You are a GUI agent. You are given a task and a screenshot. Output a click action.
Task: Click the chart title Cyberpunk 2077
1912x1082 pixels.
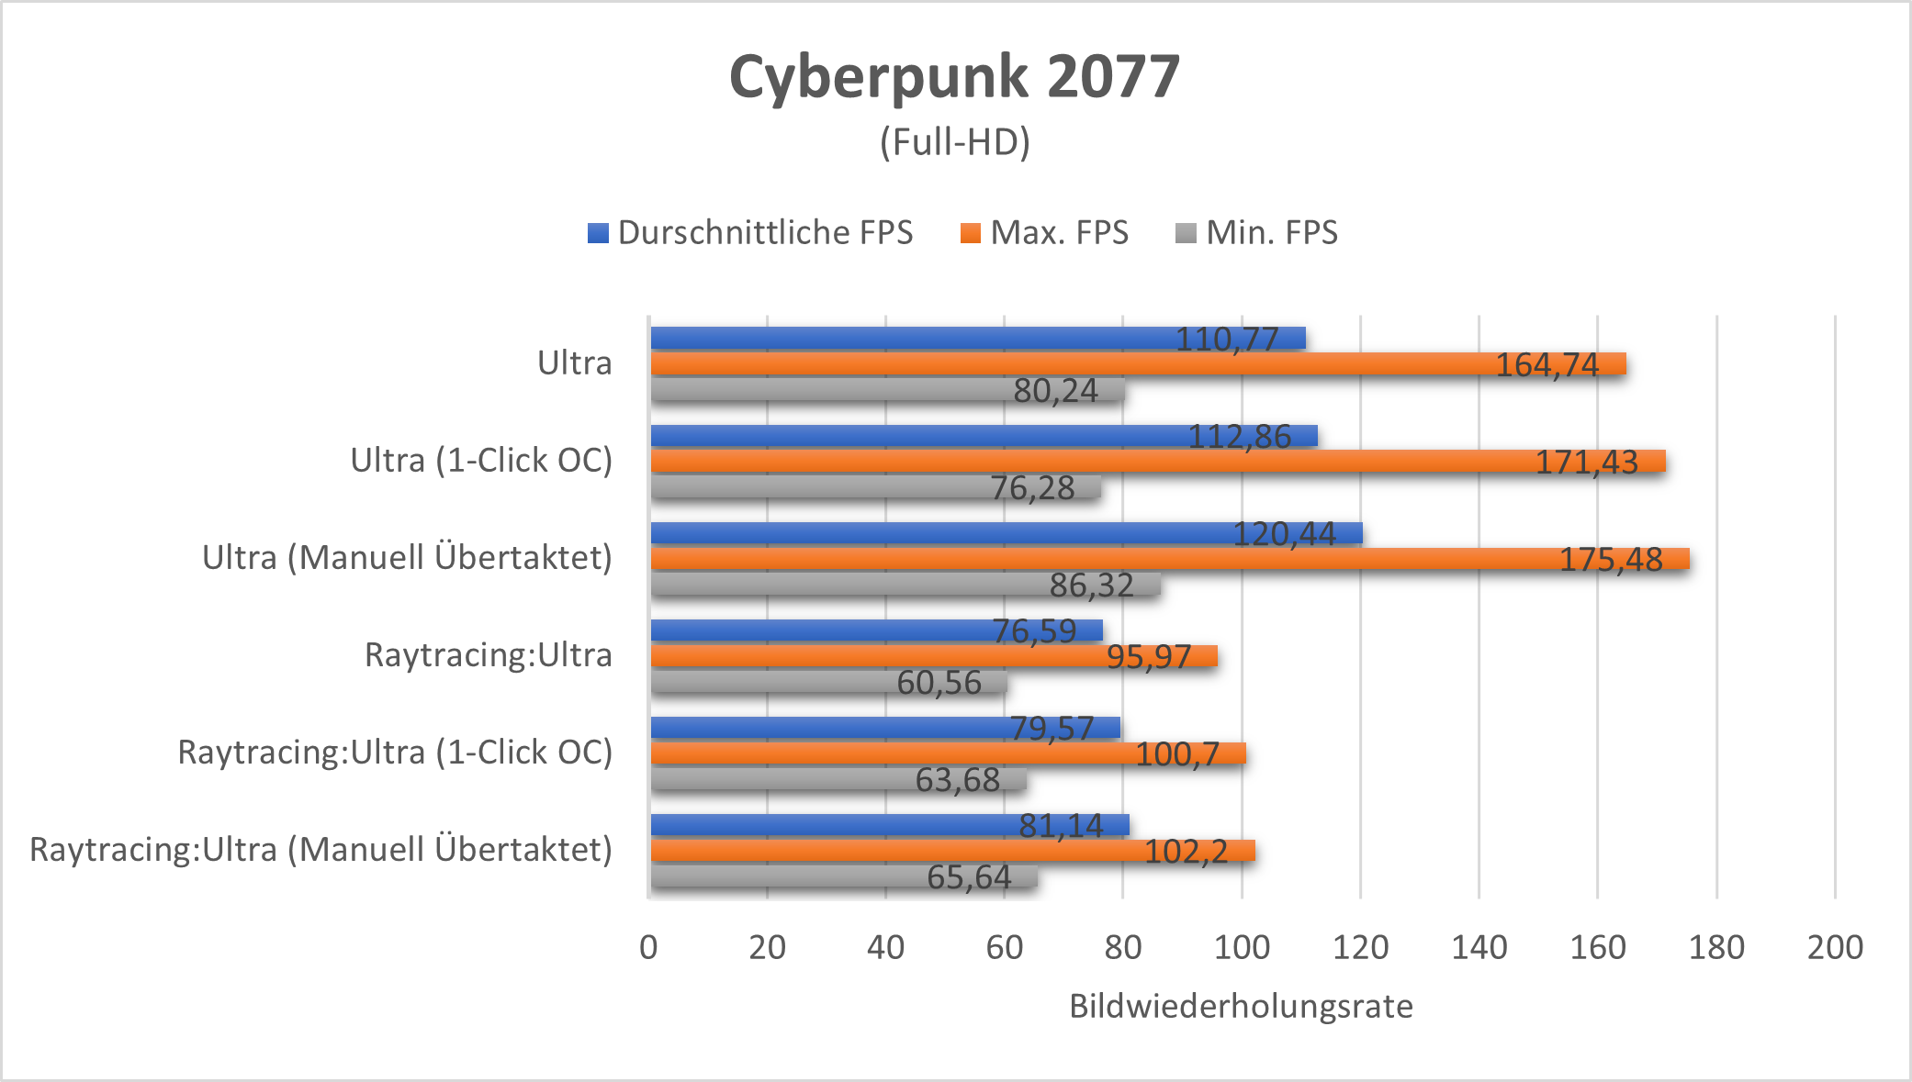954,76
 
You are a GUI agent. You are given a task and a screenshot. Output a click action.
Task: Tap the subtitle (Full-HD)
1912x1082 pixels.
954,142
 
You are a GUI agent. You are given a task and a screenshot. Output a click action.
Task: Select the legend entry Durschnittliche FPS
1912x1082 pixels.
750,233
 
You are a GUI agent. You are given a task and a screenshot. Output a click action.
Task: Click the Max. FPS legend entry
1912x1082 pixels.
1044,233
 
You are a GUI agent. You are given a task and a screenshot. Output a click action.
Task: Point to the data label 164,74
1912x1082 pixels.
1546,365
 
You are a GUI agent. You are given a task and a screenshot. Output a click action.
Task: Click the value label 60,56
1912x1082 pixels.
939,683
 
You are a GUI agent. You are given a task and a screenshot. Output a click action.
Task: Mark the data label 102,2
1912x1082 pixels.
1185,852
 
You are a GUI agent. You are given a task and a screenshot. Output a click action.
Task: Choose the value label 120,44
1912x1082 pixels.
1283,534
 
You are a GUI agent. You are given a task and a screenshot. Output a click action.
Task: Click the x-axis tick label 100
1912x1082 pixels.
1242,947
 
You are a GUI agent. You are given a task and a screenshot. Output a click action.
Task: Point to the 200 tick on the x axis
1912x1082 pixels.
1834,947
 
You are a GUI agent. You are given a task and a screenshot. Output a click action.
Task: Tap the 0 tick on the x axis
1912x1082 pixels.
648,947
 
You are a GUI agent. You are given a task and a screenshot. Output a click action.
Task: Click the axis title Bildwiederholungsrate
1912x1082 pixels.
1241,1007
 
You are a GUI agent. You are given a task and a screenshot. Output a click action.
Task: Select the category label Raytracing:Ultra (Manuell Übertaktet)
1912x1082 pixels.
321,850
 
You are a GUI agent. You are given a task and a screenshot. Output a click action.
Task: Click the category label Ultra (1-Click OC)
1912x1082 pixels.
481,461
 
